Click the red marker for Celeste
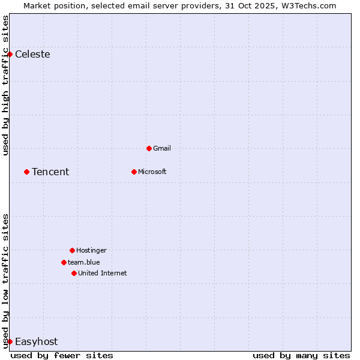[x=10, y=54]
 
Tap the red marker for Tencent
[x=26, y=172]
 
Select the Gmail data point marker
[x=149, y=148]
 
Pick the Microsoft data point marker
[x=134, y=172]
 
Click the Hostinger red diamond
[x=72, y=250]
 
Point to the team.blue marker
[x=64, y=262]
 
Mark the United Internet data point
[x=74, y=273]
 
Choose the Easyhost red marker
[x=10, y=341]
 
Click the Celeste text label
[x=32, y=55]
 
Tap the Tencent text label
[x=50, y=172]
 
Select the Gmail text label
[x=162, y=149]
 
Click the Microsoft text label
[x=152, y=172]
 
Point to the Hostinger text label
[x=91, y=251]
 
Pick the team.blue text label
[x=84, y=263]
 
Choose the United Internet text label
[x=103, y=274]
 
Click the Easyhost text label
[x=36, y=342]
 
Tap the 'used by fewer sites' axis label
[x=62, y=356]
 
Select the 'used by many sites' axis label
[x=301, y=356]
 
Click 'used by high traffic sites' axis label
[x=6, y=85]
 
